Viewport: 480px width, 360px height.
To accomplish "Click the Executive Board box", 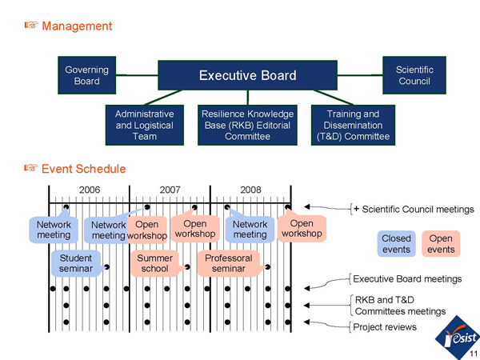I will click(248, 75).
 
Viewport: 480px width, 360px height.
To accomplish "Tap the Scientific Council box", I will click(414, 75).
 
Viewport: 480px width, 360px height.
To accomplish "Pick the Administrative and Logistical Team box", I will click(145, 126).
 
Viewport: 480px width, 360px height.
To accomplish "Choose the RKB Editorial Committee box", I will click(248, 126).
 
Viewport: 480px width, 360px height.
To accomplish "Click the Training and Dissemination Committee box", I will click(353, 126).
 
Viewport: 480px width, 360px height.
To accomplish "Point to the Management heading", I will click(77, 26).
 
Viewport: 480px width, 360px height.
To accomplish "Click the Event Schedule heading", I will click(83, 169).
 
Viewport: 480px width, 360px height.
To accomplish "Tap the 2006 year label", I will click(90, 190).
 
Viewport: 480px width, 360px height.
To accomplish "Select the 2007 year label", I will click(170, 190).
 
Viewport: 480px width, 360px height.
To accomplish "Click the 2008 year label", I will click(250, 190).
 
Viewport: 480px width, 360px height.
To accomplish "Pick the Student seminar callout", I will click(75, 264).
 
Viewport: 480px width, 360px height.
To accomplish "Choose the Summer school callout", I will click(154, 264).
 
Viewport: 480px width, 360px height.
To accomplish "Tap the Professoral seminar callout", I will click(229, 264).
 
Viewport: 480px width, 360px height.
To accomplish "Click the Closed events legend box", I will click(396, 244).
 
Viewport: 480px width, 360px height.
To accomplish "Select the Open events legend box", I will click(440, 244).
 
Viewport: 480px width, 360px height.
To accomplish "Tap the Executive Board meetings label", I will click(407, 279).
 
